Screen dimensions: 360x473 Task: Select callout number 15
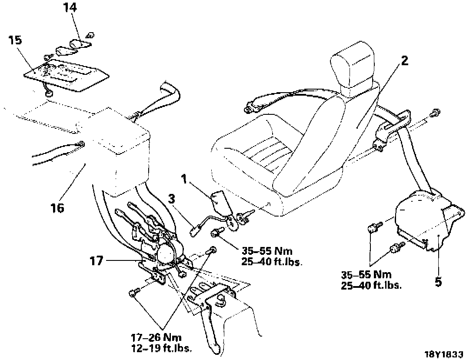coord(15,40)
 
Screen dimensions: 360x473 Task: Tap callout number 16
coord(57,208)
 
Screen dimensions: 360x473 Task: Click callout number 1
coord(184,178)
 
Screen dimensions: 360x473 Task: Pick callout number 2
coord(404,60)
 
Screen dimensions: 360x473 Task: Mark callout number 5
coord(438,282)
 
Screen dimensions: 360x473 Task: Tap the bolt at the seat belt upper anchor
coord(433,114)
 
